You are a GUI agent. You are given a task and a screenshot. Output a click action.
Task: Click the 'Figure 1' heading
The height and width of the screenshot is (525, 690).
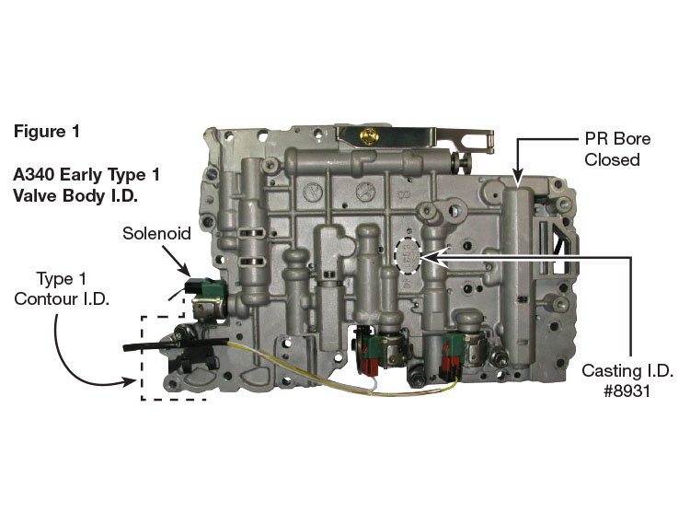[x=47, y=131]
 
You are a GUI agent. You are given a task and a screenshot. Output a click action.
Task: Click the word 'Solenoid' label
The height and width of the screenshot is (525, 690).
[x=156, y=233]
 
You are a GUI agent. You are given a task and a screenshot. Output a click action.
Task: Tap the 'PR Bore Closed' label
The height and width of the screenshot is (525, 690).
[x=617, y=149]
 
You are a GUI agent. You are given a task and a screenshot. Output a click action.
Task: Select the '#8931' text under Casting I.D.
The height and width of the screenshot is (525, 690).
[x=627, y=391]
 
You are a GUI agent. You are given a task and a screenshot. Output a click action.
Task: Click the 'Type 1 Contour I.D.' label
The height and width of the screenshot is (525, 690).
[x=62, y=289]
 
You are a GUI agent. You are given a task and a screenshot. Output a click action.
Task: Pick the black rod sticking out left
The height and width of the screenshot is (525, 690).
[x=176, y=344]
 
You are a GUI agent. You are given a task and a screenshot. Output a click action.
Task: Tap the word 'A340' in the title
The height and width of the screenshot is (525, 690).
[x=33, y=175]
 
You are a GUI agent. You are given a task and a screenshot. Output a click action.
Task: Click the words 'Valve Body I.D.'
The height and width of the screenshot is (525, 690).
[x=75, y=195]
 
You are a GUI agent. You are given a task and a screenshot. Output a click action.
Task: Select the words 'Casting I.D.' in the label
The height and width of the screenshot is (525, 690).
[x=627, y=371]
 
